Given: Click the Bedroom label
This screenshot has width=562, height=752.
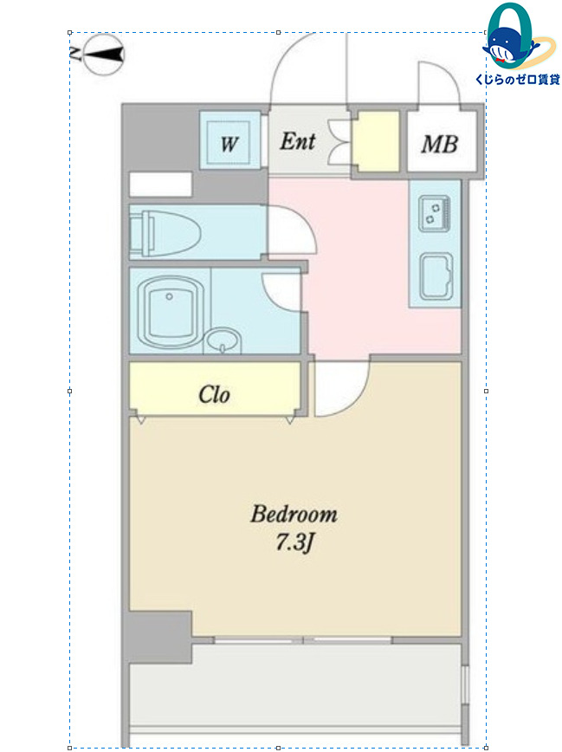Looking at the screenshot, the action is (x=294, y=514).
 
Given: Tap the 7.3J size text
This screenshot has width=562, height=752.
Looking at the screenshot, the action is (x=294, y=542).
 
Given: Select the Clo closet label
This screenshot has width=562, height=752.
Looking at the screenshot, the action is (x=214, y=395).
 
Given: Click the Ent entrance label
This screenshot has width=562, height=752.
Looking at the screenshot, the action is (x=298, y=141).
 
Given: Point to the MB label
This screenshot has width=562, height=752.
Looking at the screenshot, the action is (x=440, y=144).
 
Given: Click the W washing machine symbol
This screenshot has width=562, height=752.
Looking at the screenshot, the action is (x=229, y=143).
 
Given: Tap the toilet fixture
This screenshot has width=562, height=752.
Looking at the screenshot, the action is (x=165, y=233).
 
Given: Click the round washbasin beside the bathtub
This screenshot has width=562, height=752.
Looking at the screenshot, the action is (x=223, y=340).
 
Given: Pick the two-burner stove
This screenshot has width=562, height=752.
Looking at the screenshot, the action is (x=435, y=213).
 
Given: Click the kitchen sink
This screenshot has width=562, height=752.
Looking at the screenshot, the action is (x=436, y=277).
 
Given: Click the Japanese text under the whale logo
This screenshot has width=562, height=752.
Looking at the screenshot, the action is (x=518, y=80).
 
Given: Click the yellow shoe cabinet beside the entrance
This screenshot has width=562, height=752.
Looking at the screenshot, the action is (x=376, y=141).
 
